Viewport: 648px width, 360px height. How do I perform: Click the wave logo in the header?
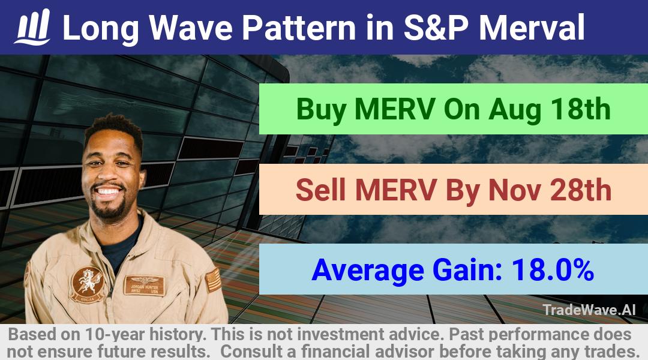[33, 27]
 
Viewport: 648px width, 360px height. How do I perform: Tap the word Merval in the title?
[532, 28]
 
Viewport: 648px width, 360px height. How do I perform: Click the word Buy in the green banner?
[322, 110]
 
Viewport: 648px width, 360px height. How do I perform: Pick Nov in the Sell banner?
[515, 190]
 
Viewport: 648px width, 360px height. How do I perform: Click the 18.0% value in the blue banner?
[553, 270]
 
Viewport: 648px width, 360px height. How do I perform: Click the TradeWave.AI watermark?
[589, 310]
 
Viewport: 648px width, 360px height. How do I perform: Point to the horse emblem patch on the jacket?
[87, 284]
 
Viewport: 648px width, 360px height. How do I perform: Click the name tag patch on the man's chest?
[144, 285]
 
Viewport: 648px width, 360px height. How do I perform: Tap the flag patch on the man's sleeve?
[212, 280]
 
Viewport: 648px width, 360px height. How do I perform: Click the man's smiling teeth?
[108, 191]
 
